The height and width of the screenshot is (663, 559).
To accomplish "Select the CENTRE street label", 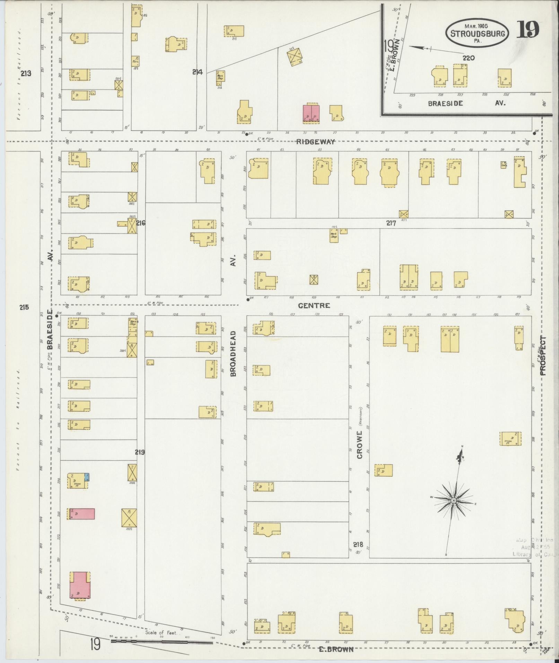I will point(314,306).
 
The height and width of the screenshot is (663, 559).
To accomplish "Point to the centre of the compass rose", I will point(453,501).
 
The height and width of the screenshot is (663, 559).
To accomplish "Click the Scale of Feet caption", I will point(161,633).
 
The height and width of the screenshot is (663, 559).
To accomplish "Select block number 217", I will point(391,224).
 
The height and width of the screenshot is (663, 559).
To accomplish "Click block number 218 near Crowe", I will point(358,544).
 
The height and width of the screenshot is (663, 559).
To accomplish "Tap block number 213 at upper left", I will point(26,73).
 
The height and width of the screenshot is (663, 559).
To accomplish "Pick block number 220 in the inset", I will point(468,58).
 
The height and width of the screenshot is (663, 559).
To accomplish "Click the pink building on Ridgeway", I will point(311,113).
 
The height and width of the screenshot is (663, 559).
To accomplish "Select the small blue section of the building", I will point(87,477).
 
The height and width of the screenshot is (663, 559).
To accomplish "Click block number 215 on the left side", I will point(24,307).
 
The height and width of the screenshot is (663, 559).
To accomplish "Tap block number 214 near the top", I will point(197,72).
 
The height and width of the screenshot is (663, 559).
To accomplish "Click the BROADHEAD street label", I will point(233,354).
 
